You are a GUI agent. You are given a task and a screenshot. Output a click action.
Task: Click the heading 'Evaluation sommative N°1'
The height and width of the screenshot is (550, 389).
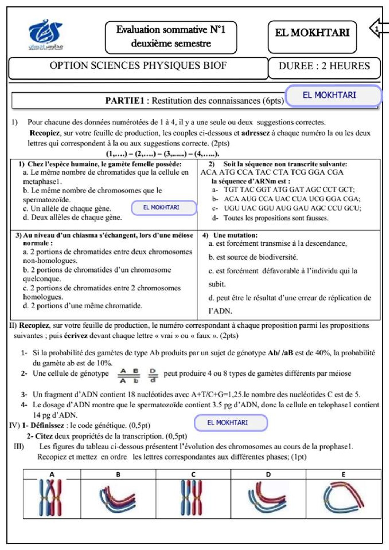(171, 30)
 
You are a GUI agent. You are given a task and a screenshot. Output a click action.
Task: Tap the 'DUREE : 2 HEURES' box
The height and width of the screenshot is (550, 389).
(324, 66)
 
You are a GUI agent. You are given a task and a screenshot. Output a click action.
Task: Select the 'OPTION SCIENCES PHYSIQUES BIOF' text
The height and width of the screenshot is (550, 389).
(138, 65)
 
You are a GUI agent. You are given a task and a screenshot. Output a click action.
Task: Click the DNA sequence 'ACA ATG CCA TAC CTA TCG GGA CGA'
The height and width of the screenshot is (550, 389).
(272, 172)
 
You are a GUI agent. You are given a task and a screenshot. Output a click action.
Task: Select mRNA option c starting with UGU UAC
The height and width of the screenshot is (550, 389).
(292, 208)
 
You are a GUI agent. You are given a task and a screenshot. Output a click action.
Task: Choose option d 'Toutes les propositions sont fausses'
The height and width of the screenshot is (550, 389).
(276, 218)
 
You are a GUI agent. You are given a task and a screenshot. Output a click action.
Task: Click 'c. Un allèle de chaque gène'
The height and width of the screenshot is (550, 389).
(67, 208)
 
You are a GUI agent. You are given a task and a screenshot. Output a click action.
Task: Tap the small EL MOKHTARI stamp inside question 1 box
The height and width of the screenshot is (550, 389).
(161, 208)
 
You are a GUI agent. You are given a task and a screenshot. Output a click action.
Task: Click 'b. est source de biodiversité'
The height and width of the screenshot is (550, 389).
(253, 257)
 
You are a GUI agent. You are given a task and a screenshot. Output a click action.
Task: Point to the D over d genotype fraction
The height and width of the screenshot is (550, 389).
(153, 375)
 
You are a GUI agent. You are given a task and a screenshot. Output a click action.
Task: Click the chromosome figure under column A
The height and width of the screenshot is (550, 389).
(51, 498)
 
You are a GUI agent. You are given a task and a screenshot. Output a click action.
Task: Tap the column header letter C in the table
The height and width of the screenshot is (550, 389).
(193, 474)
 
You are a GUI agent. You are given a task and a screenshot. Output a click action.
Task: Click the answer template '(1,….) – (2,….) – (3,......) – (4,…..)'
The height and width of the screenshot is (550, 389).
(162, 154)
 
